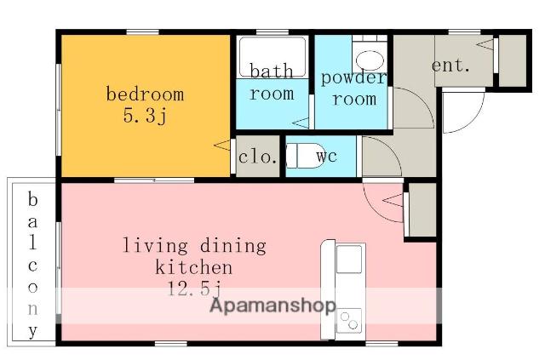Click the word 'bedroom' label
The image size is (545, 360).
[145, 94]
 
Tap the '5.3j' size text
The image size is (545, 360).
[145, 115]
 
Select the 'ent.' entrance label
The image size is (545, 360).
[450, 65]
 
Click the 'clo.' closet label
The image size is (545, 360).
[257, 157]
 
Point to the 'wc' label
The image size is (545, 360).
[327, 156]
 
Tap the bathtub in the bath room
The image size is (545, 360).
[272, 57]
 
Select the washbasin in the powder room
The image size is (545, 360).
[370, 60]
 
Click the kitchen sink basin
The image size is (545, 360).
[349, 260]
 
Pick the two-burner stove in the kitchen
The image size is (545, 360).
[349, 321]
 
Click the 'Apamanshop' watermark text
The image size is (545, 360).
[272, 306]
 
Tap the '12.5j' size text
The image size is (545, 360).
[195, 288]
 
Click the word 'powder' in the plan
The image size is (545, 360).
[353, 77]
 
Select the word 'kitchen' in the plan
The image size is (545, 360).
[193, 267]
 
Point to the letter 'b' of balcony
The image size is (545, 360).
[32, 199]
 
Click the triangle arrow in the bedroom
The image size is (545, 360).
[221, 146]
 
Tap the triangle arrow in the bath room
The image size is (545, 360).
[301, 123]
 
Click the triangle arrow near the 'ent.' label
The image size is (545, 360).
[485, 44]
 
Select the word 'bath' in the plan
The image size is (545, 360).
[272, 71]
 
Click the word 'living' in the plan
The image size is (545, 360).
[155, 246]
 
